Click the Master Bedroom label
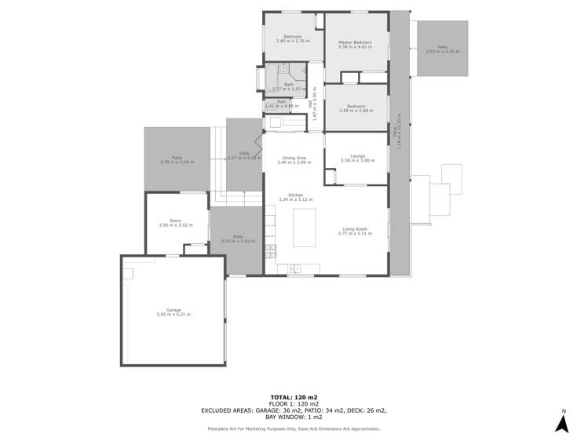[x=354, y=42]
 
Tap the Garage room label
[x=173, y=310]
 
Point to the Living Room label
[x=354, y=228]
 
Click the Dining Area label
[x=294, y=158]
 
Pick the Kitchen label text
[x=295, y=195]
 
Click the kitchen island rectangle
[x=305, y=228]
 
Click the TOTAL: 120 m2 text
[x=294, y=397]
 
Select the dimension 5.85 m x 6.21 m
[x=173, y=315]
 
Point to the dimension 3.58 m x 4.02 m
[x=354, y=47]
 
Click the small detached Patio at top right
[x=442, y=49]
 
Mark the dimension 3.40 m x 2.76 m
[x=294, y=41]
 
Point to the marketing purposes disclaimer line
[x=294, y=428]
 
